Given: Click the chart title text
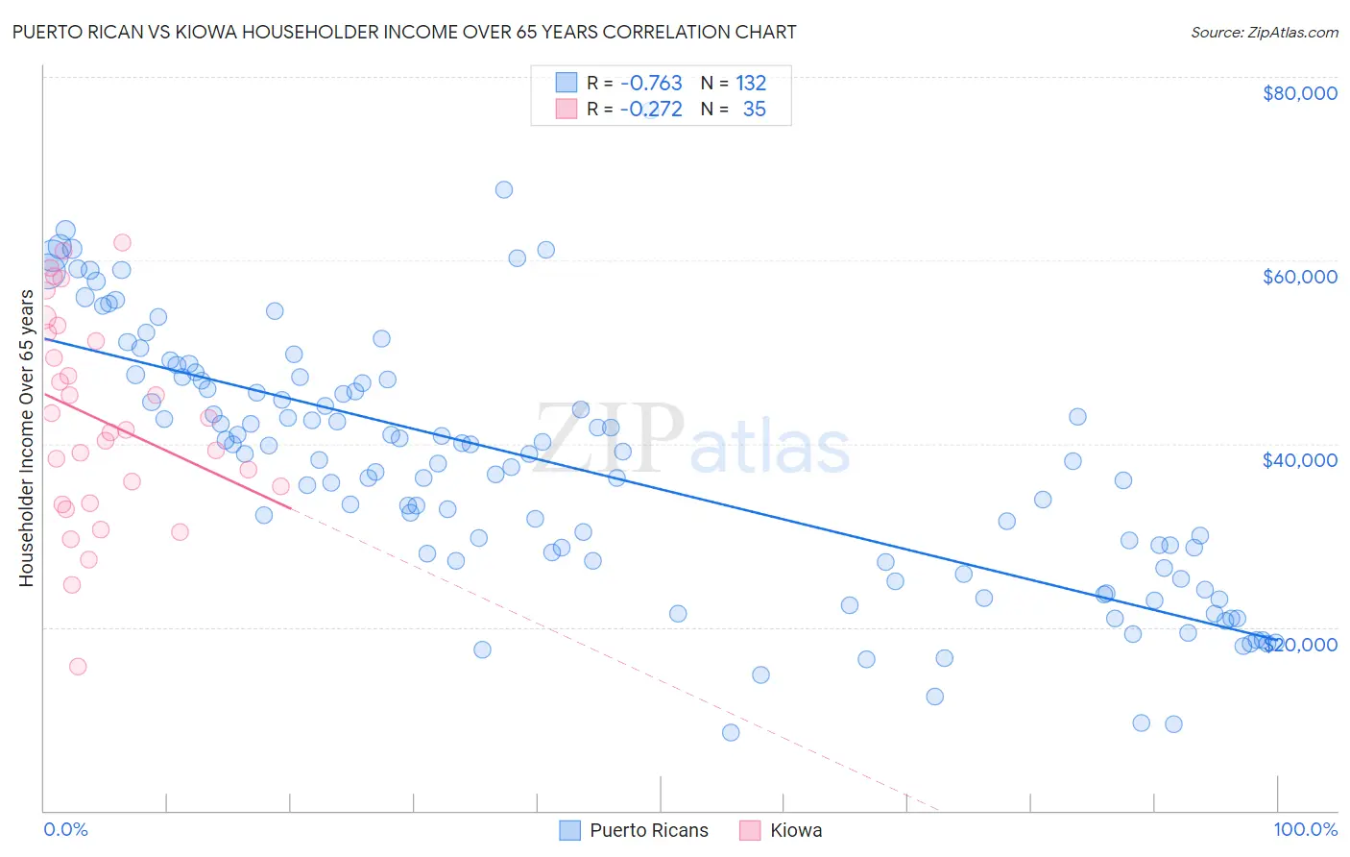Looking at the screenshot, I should pyautogui.click(x=403, y=32).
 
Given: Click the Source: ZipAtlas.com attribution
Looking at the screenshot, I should pyautogui.click(x=1264, y=32).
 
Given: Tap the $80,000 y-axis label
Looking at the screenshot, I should pyautogui.click(x=1299, y=93).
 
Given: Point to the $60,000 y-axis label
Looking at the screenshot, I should pyautogui.click(x=1299, y=277).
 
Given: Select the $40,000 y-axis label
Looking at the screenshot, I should pyautogui.click(x=1299, y=460).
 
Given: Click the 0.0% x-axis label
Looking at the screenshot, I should pyautogui.click(x=65, y=829).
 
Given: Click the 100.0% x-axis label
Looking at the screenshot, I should pyautogui.click(x=1305, y=829).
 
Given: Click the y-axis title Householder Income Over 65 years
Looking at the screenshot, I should pyautogui.click(x=26, y=438).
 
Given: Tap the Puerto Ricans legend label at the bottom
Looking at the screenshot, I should pyautogui.click(x=648, y=830).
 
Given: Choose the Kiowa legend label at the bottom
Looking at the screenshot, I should pyautogui.click(x=795, y=830).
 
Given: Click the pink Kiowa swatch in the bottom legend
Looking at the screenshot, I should pyautogui.click(x=750, y=830).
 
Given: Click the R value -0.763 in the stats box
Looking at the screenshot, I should pyautogui.click(x=651, y=84).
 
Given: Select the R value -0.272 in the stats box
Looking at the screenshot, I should pyautogui.click(x=651, y=110).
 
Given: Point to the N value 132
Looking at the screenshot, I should pyautogui.click(x=751, y=84).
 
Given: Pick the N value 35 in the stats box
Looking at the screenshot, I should pyautogui.click(x=754, y=110).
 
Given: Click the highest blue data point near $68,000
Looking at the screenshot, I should pyautogui.click(x=504, y=189).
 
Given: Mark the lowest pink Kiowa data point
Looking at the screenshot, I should pyautogui.click(x=78, y=666).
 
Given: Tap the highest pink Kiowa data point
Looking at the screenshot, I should pyautogui.click(x=122, y=242).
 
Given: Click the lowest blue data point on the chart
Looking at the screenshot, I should pyautogui.click(x=731, y=732).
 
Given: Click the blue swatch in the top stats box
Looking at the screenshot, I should pyautogui.click(x=567, y=84).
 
